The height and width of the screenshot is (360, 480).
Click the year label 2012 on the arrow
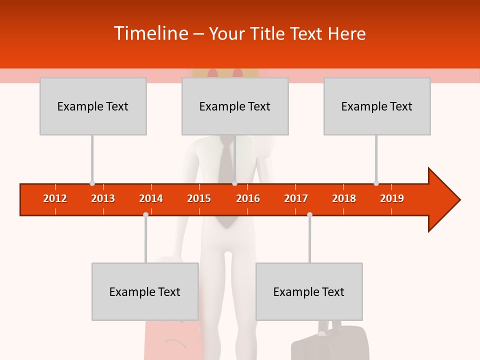[x=55, y=198]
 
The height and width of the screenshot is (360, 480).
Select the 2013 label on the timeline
[x=103, y=198]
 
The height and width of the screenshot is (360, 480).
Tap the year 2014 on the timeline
[x=151, y=198]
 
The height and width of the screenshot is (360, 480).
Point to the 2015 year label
[x=199, y=198]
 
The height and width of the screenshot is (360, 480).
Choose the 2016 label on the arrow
[x=248, y=198]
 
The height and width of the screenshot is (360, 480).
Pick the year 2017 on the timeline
[x=296, y=198]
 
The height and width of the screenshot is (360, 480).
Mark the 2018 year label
[x=344, y=198]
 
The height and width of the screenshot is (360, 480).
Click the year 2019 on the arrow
[x=392, y=198]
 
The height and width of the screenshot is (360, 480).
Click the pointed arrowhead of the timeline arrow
[x=445, y=200]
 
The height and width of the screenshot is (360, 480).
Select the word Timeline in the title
[x=150, y=33]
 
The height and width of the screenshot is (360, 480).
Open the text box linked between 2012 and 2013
[x=93, y=106]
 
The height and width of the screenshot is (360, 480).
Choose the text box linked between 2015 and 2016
[x=235, y=106]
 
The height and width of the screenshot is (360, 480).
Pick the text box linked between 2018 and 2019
[x=377, y=106]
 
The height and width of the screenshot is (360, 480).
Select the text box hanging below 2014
[x=145, y=291]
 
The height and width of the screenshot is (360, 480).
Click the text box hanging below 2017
[x=309, y=291]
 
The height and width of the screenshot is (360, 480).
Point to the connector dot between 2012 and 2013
[x=92, y=183]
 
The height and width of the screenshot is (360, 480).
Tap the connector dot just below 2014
[x=145, y=214]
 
